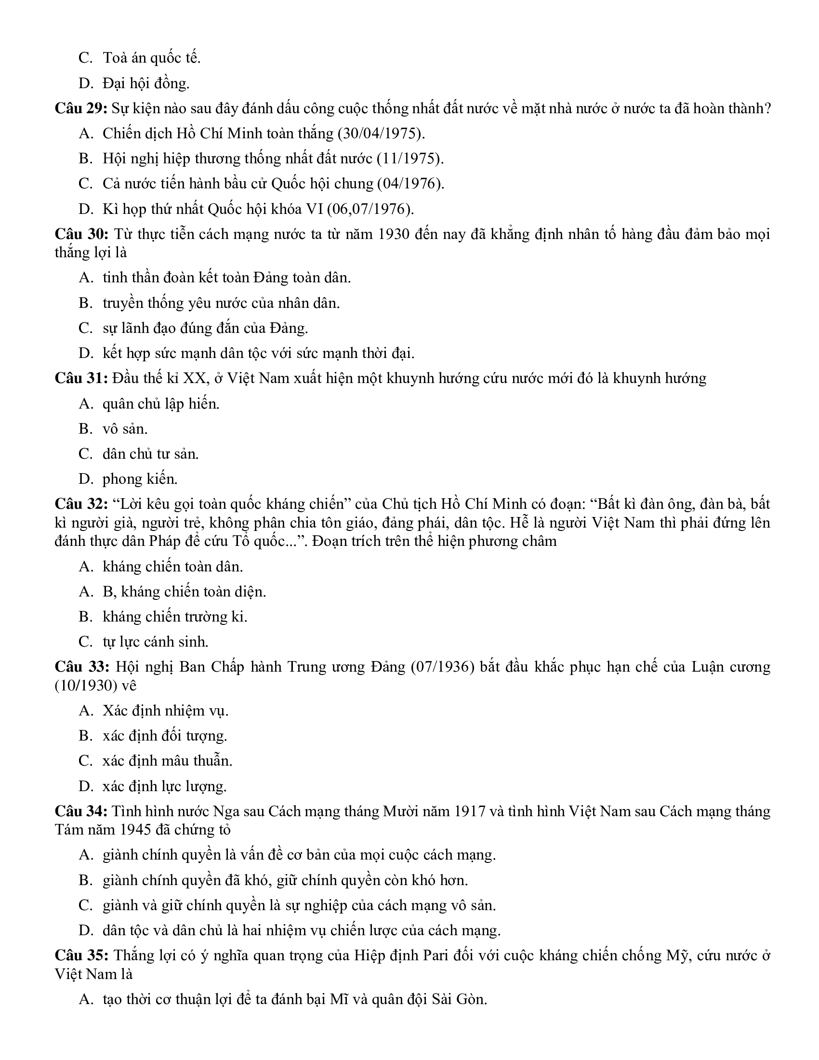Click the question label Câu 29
point(80,108)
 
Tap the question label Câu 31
point(80,378)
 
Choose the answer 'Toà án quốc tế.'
point(151,58)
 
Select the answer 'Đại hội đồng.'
point(146,83)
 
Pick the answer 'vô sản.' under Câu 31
point(125,429)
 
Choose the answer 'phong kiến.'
point(140,479)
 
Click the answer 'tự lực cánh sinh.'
point(155,642)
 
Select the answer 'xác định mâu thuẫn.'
point(167,760)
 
